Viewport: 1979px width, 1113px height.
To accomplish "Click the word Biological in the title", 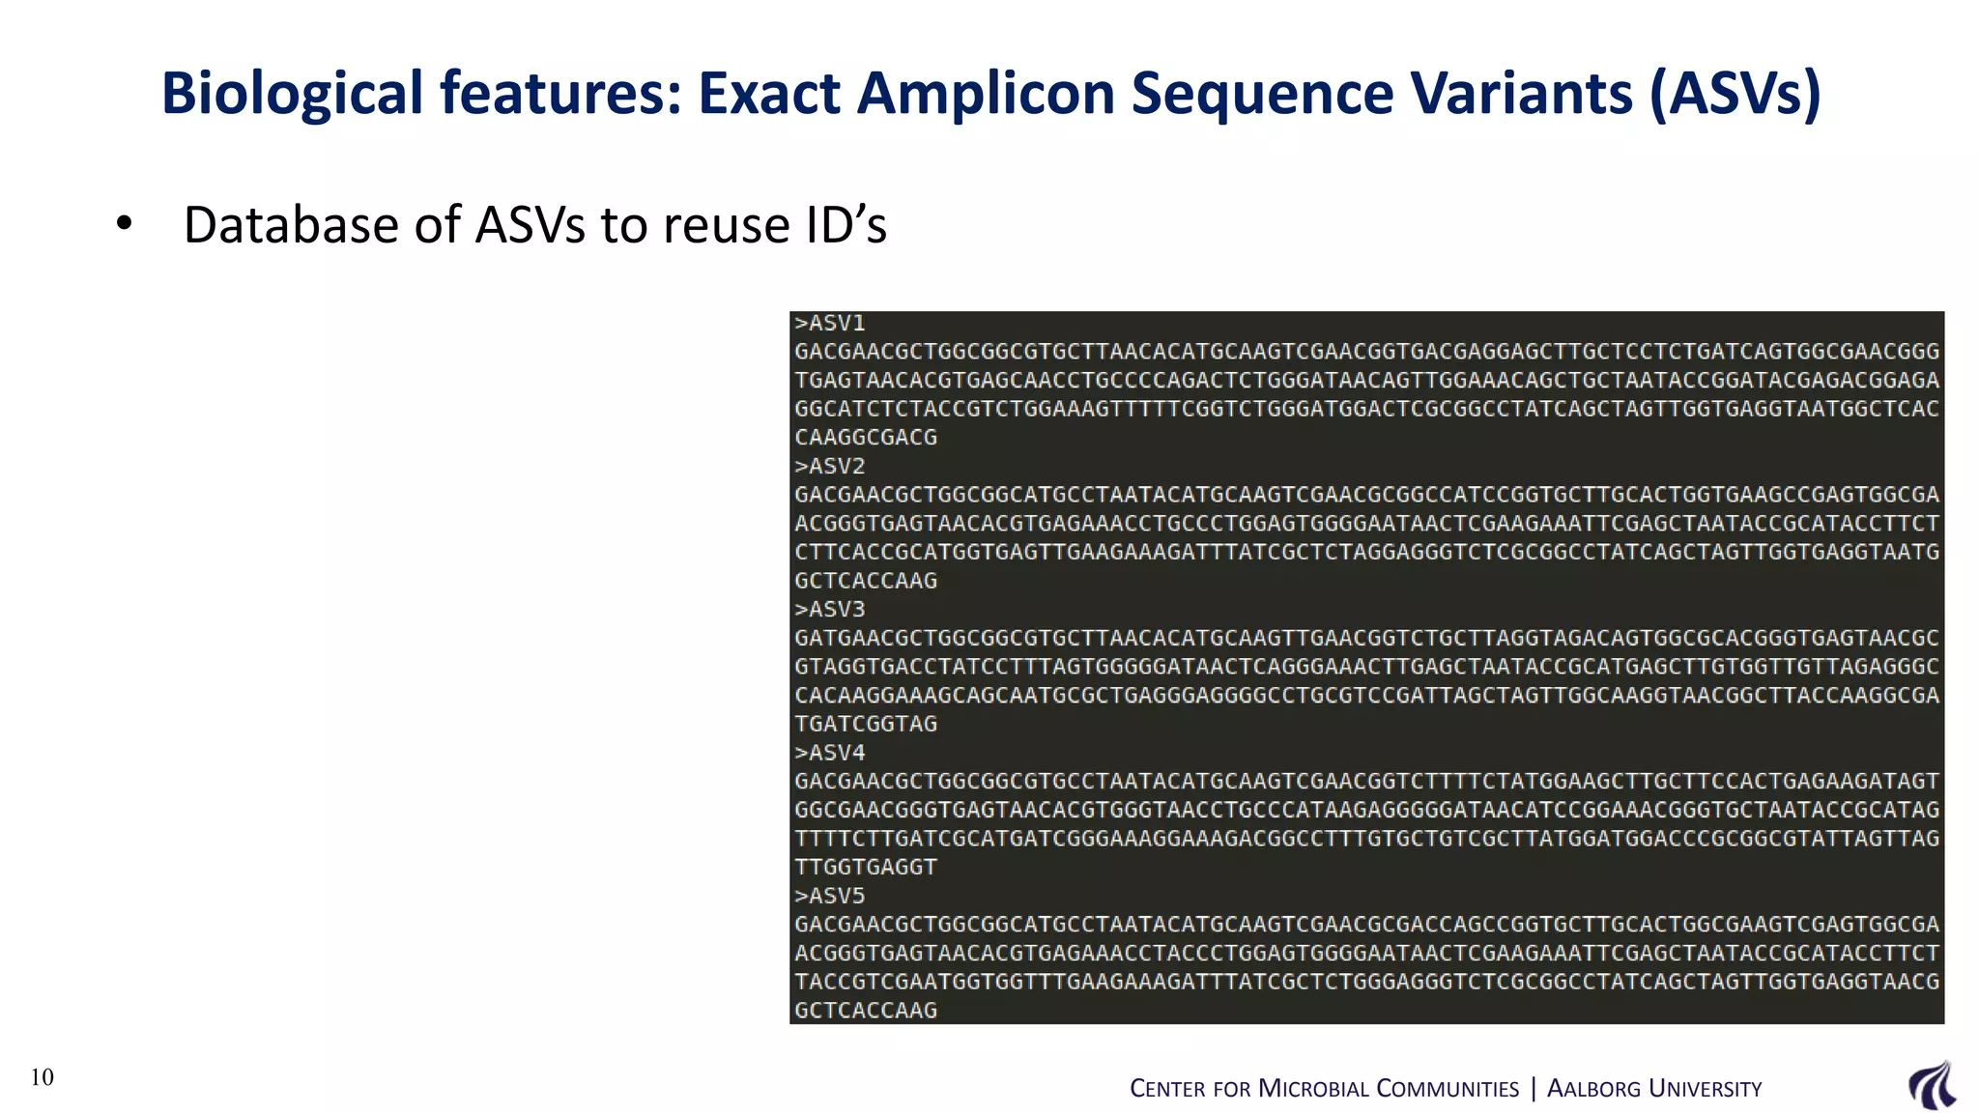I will tap(292, 95).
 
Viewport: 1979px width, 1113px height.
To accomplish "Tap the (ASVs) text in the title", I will tap(1735, 95).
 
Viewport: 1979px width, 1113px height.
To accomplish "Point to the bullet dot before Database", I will tap(124, 224).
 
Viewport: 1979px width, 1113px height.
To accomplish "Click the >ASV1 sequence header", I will tap(829, 324).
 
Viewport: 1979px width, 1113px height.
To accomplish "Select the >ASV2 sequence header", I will tap(829, 467).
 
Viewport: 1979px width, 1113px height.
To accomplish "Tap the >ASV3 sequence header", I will tap(829, 610).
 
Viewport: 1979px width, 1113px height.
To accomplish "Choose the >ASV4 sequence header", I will tap(829, 753).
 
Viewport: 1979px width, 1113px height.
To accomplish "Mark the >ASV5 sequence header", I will tap(829, 896).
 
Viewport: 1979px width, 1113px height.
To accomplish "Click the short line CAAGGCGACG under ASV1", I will tap(866, 438).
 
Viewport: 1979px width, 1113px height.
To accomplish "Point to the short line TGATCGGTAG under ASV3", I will tap(866, 724).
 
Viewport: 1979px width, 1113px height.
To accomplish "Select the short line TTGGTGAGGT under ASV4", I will tap(866, 867).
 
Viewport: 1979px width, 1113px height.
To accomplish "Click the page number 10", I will tap(43, 1077).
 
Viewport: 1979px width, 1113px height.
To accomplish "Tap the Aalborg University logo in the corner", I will tap(1932, 1085).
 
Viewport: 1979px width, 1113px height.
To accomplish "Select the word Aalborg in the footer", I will tap(1593, 1089).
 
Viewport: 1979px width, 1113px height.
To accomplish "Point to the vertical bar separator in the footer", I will tap(1534, 1089).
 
